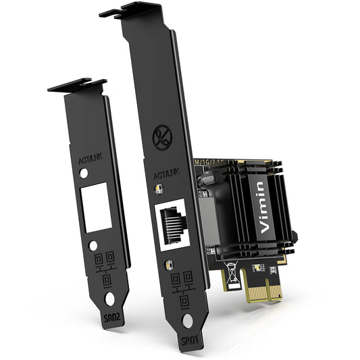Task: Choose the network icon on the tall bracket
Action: click(x=180, y=286)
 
